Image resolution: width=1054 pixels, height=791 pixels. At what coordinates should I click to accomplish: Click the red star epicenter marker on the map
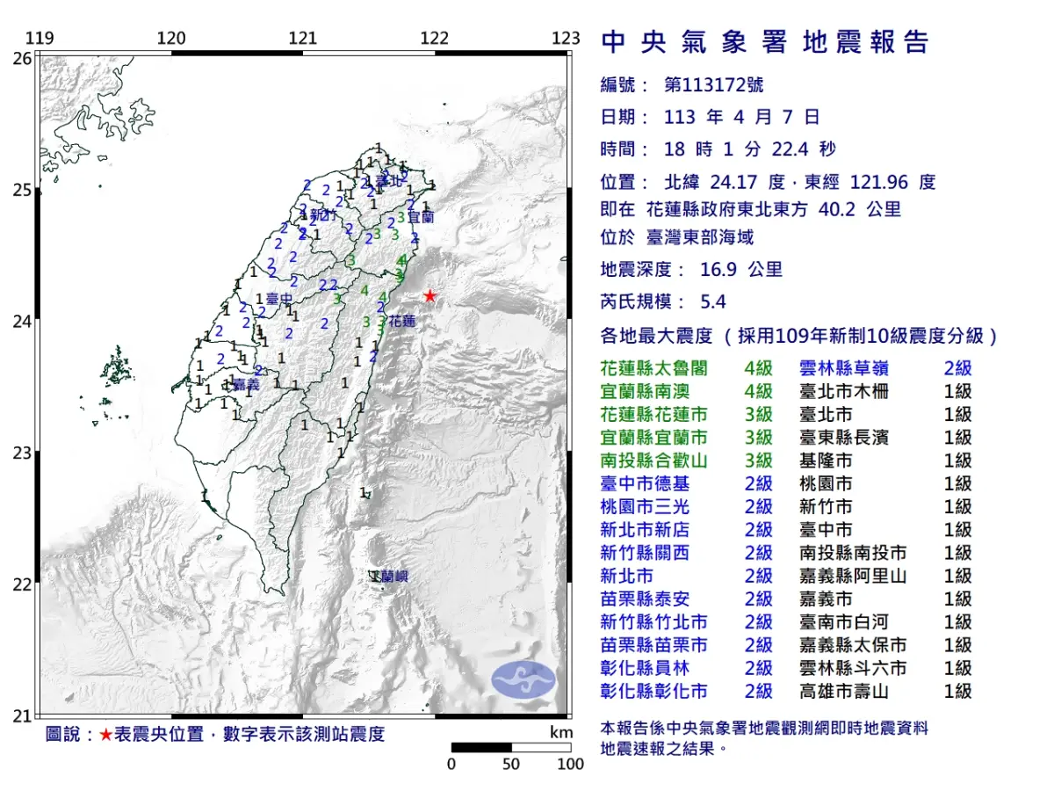coord(430,296)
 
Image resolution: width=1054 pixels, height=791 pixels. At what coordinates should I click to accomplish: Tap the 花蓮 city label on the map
coord(402,322)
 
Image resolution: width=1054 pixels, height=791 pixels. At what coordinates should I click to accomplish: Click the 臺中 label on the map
coord(278,300)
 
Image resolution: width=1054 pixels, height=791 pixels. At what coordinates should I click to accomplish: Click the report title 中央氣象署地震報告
coord(764,42)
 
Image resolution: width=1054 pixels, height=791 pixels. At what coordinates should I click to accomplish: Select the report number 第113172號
coord(713,85)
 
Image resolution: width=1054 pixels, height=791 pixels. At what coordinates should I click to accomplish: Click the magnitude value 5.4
coord(713,301)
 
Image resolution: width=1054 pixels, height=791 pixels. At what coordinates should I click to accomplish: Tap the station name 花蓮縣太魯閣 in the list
coord(653,368)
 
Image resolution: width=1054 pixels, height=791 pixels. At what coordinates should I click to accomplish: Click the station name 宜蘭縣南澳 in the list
coord(646,391)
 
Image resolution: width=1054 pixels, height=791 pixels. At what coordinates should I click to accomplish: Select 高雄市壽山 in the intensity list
coord(844,691)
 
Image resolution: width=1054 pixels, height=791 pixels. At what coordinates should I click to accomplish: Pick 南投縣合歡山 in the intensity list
coord(653,461)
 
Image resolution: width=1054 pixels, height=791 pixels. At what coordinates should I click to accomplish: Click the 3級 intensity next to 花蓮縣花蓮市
coord(758,414)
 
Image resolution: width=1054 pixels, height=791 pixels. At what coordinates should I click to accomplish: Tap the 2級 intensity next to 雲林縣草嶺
coord(957,368)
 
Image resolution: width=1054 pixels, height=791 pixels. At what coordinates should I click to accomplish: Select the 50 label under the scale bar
coord(511,764)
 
